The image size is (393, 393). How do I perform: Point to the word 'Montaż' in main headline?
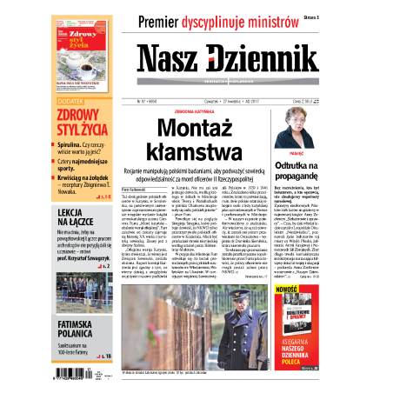pyautogui.click(x=198, y=130)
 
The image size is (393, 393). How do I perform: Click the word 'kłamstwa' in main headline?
pyautogui.click(x=199, y=153)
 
